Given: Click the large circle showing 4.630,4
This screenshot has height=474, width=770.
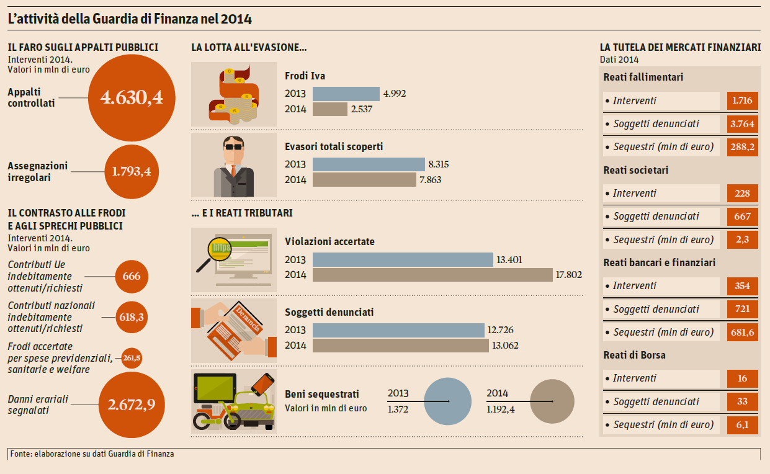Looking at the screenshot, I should (x=132, y=97).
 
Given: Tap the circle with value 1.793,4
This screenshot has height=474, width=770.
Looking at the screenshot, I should (x=132, y=171).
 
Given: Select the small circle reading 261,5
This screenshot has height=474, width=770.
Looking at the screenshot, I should (x=132, y=358).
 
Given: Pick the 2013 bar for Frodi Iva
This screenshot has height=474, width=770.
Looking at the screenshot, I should (x=346, y=94).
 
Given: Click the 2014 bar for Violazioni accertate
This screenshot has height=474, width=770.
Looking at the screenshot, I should (x=432, y=275).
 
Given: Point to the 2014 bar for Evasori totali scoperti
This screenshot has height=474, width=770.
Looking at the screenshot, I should (x=364, y=180).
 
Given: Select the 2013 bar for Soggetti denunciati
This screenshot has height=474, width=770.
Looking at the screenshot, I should (x=398, y=330).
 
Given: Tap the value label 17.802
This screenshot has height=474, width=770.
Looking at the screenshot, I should (x=569, y=274).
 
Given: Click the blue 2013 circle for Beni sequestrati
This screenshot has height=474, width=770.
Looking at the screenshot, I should (x=448, y=401).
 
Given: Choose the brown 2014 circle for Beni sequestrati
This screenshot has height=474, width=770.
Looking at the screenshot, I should (x=552, y=401).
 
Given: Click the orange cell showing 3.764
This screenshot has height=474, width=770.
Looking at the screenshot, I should (x=742, y=124).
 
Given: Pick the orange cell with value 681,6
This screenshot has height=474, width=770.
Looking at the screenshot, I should (x=742, y=333).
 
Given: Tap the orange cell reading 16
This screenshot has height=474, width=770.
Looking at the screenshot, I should (x=742, y=378).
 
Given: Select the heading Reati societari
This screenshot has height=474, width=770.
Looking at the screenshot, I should (x=636, y=170).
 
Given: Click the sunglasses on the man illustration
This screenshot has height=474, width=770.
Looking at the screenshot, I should (x=234, y=147).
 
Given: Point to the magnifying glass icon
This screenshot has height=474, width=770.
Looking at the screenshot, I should (x=213, y=252).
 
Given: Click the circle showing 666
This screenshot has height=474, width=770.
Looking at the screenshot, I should (x=132, y=277).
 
